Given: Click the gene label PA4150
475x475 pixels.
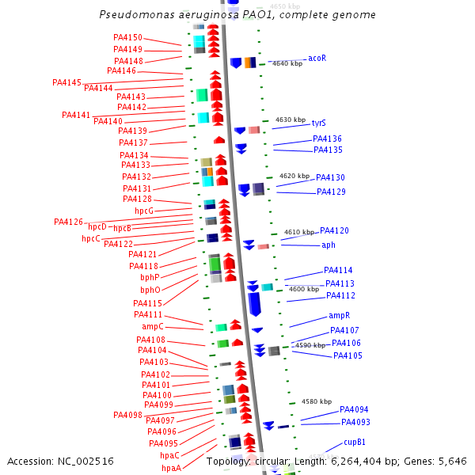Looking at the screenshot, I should point(128,37).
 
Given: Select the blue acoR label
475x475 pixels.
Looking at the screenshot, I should point(317,58).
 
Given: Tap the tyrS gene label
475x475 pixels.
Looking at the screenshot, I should point(318,123).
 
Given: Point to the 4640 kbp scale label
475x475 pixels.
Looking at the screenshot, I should point(286,63).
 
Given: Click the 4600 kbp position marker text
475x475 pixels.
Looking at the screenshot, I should point(303,289).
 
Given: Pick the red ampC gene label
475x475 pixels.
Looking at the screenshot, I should point(153,326).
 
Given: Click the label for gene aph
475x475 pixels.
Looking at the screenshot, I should point(328,245).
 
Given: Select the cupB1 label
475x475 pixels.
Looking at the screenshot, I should point(354,442).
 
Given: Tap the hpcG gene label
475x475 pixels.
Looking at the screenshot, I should point(144,211).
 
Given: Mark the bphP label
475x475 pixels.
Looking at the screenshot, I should point(150,277).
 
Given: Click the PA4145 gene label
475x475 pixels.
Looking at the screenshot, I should point(66,82).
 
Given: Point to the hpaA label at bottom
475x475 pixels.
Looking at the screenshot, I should point(171,468).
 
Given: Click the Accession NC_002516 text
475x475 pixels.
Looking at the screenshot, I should point(60,461).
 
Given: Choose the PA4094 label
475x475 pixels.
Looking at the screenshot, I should point(354,409).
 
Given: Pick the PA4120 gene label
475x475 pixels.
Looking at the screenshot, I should point(334,230).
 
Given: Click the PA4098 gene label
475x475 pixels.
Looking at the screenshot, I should point(127,415).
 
